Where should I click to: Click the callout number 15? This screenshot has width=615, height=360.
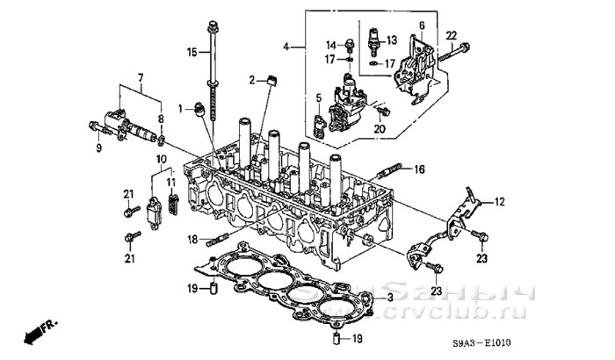[x=192, y=53]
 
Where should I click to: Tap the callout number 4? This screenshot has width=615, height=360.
[x=287, y=46]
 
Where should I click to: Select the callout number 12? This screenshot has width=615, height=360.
[x=499, y=203]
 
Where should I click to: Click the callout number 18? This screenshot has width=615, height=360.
[x=192, y=238]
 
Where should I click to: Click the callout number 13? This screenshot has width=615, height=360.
[x=392, y=40]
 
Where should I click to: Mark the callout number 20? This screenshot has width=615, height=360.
[x=380, y=129]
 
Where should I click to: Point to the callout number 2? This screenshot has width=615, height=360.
[x=251, y=81]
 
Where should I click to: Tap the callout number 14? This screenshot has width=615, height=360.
[x=331, y=44]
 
